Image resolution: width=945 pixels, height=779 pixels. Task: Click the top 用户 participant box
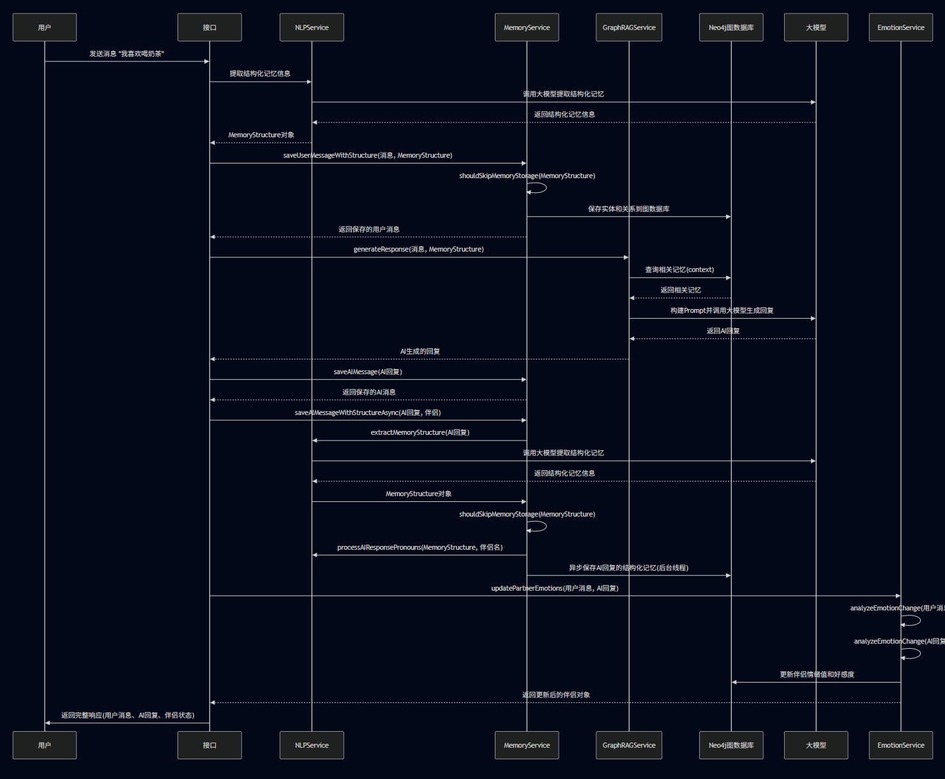(x=45, y=27)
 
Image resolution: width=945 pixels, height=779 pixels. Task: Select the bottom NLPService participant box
(x=312, y=745)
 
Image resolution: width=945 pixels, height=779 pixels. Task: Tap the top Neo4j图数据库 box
(x=731, y=27)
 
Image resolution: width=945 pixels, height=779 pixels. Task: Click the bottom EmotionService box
(x=900, y=745)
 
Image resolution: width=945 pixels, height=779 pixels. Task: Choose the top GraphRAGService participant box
(x=629, y=27)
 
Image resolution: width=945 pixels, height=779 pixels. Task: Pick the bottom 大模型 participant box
(x=815, y=745)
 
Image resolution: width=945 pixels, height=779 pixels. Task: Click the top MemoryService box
(x=527, y=27)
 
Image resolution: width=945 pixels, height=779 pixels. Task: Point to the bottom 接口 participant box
(x=209, y=745)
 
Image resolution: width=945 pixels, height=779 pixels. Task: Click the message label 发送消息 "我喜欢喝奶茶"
(x=126, y=54)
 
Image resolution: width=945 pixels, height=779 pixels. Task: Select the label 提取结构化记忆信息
(x=260, y=74)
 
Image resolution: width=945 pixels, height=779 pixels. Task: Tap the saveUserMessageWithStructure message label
(x=368, y=156)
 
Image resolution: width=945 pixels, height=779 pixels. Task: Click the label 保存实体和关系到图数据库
(x=628, y=209)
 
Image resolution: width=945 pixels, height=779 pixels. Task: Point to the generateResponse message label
(x=418, y=250)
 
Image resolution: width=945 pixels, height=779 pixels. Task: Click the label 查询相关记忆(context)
(x=679, y=270)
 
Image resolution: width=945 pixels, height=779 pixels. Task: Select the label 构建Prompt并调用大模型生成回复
(x=722, y=311)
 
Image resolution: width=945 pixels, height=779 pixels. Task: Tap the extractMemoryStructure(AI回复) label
(x=420, y=433)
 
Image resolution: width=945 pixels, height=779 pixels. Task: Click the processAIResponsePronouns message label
(x=420, y=548)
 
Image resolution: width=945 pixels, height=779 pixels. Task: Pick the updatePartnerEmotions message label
(x=554, y=589)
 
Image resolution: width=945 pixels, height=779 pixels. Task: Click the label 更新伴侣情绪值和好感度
(x=817, y=675)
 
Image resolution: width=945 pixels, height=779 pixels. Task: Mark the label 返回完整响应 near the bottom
(x=128, y=716)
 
